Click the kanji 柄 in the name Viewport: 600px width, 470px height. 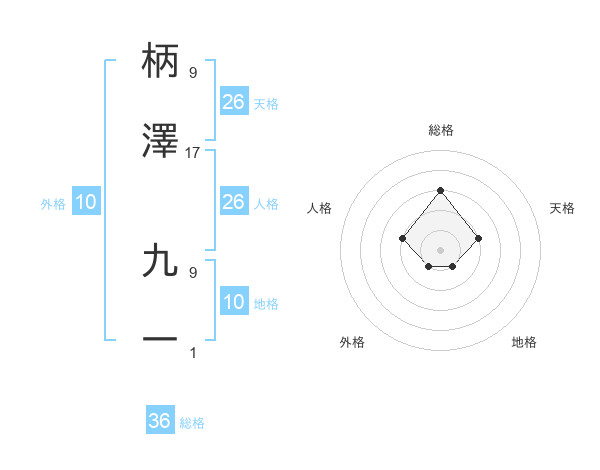pyautogui.click(x=160, y=61)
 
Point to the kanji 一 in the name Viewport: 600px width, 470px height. pyautogui.click(x=160, y=340)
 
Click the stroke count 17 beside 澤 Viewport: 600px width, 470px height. pyautogui.click(x=193, y=153)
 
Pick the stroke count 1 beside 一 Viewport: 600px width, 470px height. pyautogui.click(x=193, y=352)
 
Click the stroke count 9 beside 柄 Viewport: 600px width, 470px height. pyautogui.click(x=193, y=72)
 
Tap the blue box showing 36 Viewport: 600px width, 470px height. pyautogui.click(x=160, y=421)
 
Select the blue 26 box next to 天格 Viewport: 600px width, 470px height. pyautogui.click(x=233, y=102)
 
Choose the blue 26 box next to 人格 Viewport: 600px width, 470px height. pyautogui.click(x=233, y=202)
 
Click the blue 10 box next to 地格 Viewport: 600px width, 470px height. pyautogui.click(x=233, y=302)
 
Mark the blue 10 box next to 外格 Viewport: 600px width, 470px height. pyautogui.click(x=86, y=202)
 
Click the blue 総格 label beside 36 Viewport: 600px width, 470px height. pyautogui.click(x=192, y=423)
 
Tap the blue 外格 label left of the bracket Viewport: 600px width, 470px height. pyautogui.click(x=53, y=204)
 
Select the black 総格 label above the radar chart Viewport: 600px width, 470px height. pyautogui.click(x=440, y=130)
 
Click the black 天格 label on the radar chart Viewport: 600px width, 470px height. pyautogui.click(x=562, y=208)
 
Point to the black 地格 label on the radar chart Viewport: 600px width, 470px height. pyautogui.click(x=524, y=342)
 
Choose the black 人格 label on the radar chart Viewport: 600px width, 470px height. pyautogui.click(x=320, y=208)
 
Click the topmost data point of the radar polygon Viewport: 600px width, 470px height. pyautogui.click(x=440, y=190)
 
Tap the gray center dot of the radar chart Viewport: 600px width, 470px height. pyautogui.click(x=440, y=249)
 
